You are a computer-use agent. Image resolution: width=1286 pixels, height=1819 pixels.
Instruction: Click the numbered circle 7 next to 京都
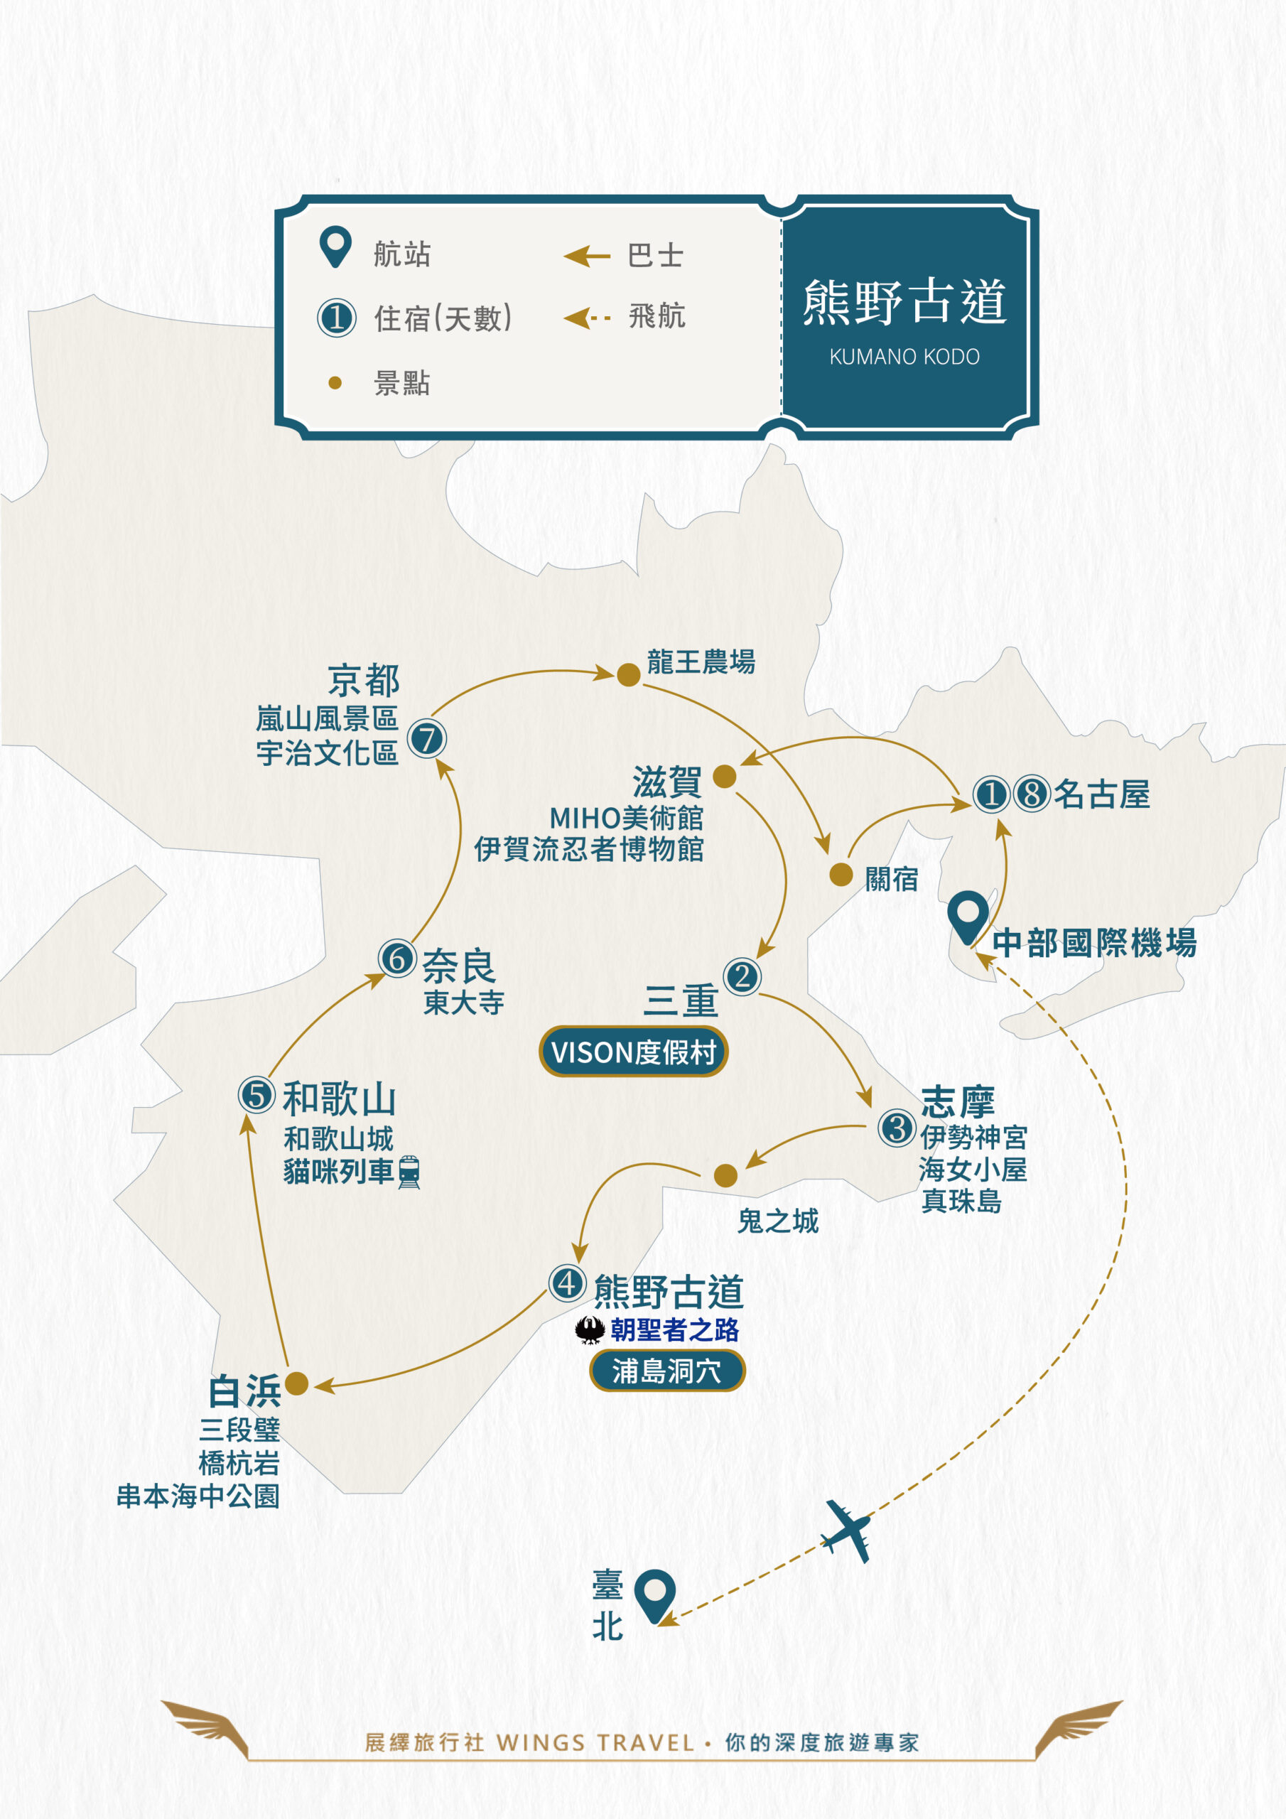(427, 738)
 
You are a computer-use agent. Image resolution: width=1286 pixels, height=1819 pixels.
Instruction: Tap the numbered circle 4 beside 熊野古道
(567, 1283)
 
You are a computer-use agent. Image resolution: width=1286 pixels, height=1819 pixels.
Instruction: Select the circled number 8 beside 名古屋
(1032, 793)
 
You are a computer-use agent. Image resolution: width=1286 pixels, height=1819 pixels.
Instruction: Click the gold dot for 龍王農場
(628, 675)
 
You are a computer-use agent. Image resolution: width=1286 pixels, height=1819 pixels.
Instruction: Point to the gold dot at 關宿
(841, 875)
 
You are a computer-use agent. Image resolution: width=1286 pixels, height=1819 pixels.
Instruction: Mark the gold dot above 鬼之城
(725, 1176)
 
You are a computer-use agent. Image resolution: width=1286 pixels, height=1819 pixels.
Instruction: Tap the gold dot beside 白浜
(296, 1383)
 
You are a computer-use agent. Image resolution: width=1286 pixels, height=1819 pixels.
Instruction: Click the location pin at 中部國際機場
(968, 917)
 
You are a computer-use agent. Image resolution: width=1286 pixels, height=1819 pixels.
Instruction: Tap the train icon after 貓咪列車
(409, 1172)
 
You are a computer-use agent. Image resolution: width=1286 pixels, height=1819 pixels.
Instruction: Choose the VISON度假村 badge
(633, 1052)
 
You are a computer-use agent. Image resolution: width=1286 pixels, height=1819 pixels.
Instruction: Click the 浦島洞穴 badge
(667, 1371)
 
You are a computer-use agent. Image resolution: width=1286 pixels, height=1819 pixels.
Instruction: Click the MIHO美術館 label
(626, 818)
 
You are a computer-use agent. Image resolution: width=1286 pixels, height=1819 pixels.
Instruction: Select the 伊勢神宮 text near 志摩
(974, 1138)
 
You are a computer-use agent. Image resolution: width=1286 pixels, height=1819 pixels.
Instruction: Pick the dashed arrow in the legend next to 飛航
(587, 318)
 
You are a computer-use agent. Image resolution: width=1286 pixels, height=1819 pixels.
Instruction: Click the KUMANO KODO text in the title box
(904, 357)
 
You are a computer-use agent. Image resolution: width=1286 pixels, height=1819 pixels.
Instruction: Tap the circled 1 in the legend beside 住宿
(337, 318)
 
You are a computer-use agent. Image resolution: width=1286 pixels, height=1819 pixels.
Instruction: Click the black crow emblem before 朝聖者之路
(590, 1330)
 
